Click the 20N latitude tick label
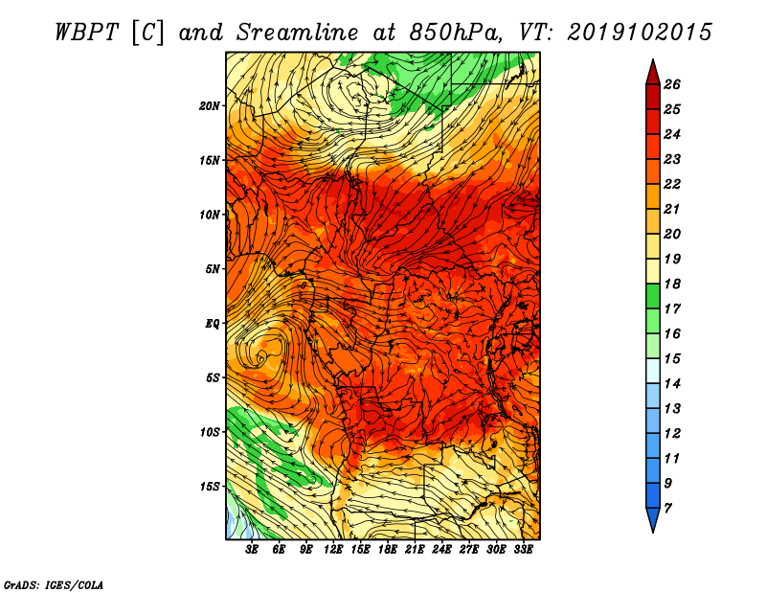coord(209,106)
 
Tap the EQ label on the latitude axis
coord(212,324)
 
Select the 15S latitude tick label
coord(210,487)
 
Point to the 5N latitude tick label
coord(213,269)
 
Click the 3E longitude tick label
coord(252,549)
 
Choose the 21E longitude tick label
coord(415,549)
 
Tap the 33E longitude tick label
coord(523,549)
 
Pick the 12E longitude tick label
coord(332,549)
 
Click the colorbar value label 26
coord(672,84)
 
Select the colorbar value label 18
coord(672,284)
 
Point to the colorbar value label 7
coord(667,509)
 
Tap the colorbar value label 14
coord(672,384)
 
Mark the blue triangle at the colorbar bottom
coord(653,518)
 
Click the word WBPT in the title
coord(86,33)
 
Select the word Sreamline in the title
coord(298,33)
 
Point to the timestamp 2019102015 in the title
coord(640,33)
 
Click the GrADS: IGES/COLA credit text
coord(54,584)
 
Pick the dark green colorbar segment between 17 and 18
coord(653,296)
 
